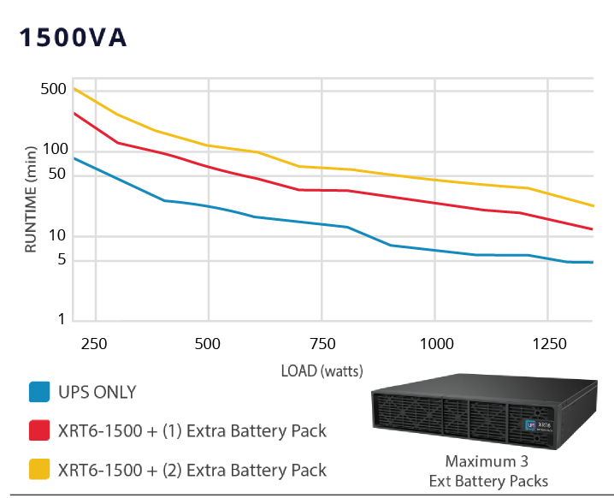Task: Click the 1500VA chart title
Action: point(73,39)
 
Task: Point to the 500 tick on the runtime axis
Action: point(54,89)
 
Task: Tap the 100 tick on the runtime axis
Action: point(54,149)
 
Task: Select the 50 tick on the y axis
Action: point(57,175)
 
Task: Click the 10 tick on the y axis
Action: point(57,235)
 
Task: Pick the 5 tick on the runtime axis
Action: point(61,261)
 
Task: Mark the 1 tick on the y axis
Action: point(61,320)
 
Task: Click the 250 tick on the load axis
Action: point(95,344)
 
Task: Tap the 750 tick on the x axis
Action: point(322,344)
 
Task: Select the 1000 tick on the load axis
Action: point(435,344)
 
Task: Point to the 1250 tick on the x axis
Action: point(549,344)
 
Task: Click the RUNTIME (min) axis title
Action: point(31,199)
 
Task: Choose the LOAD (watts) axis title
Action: point(322,371)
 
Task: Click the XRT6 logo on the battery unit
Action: point(541,424)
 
